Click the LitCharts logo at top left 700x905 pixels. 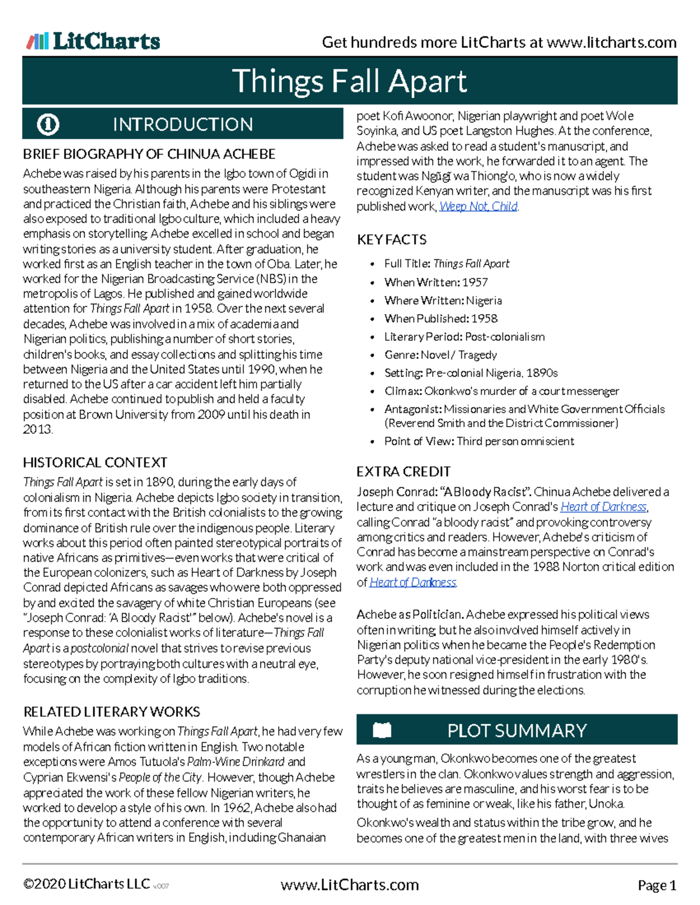point(93,41)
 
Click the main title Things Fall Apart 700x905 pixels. point(349,81)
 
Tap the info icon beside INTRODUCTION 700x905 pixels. point(48,124)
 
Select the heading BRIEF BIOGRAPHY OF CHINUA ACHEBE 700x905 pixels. point(149,154)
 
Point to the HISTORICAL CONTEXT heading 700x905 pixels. point(95,463)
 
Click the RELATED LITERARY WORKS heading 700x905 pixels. point(111,712)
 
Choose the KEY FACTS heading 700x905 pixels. point(391,240)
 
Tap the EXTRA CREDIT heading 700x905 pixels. point(404,471)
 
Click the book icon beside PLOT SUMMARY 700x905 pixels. point(382,730)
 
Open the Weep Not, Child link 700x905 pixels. point(478,206)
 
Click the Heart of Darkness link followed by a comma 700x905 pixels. point(603,507)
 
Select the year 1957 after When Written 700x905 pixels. point(475,283)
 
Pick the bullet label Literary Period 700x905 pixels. point(422,337)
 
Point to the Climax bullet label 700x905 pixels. point(402,391)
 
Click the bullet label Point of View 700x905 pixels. point(418,441)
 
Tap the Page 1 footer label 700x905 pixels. point(657,886)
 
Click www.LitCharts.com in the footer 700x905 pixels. point(349,885)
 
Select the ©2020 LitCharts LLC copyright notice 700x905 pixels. point(86,885)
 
